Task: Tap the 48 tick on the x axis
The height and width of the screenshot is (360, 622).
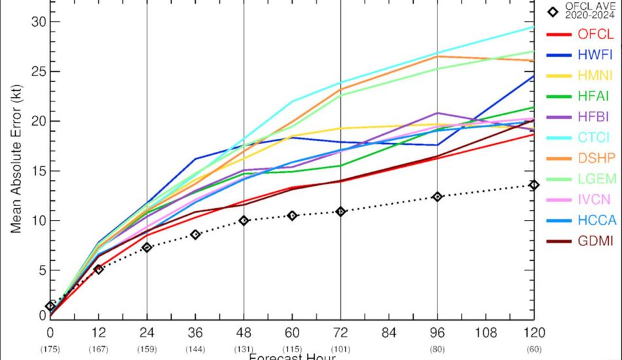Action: [244, 333]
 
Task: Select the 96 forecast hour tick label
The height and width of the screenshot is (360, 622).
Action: [437, 333]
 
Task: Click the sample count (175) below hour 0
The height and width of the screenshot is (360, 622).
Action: [50, 349]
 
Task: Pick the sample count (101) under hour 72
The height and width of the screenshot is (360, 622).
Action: [340, 349]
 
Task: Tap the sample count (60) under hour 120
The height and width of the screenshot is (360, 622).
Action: [534, 349]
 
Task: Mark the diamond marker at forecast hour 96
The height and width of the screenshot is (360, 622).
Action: [437, 196]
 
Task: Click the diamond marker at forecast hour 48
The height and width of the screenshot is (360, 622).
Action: [244, 221]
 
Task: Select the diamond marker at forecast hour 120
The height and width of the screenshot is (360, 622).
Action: [534, 185]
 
